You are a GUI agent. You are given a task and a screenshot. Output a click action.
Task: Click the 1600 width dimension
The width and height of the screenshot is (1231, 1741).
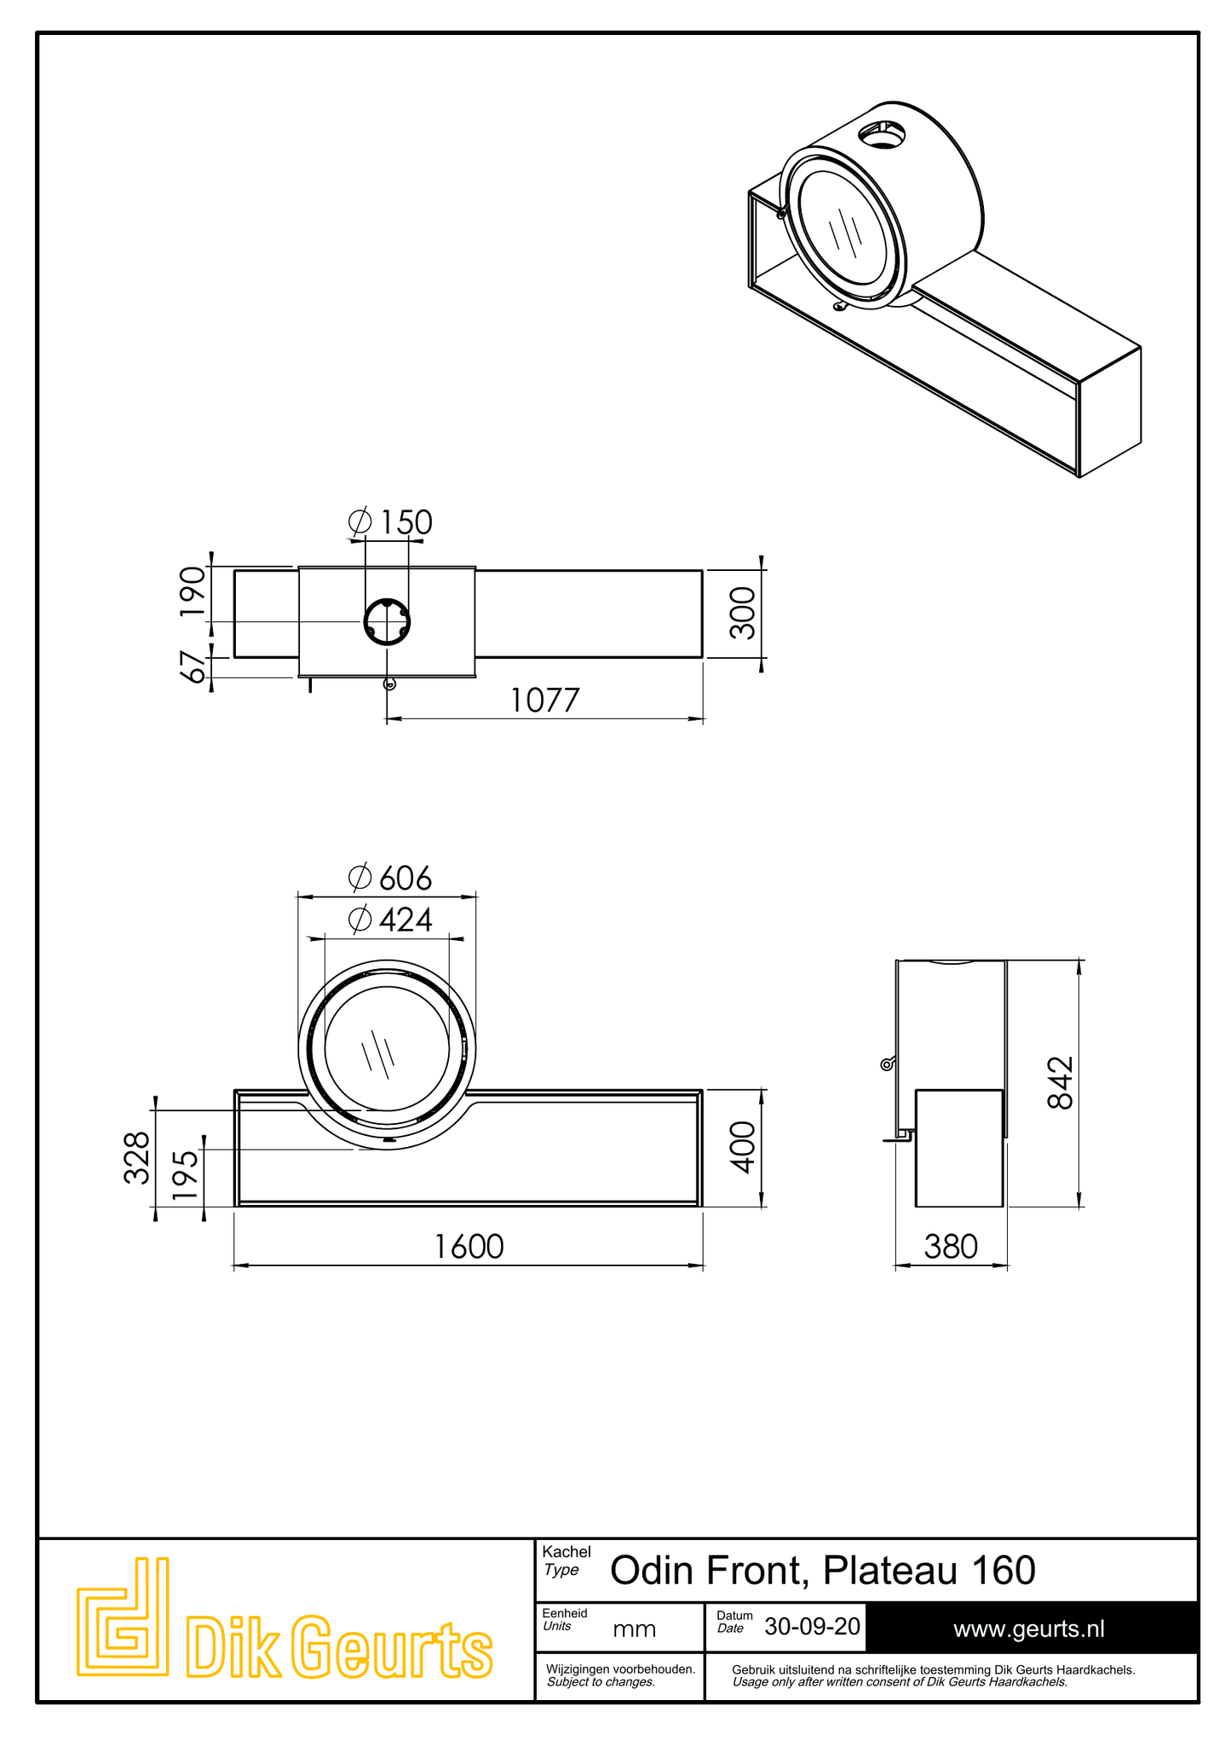point(469,1247)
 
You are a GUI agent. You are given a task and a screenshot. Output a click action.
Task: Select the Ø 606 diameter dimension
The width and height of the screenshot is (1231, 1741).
point(390,878)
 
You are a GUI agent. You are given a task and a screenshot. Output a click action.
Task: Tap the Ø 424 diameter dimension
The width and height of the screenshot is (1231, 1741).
point(390,920)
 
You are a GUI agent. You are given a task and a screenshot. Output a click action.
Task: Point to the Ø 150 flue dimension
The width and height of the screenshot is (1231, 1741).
point(390,522)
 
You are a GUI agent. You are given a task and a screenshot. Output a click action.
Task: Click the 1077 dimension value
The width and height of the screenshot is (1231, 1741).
point(544,700)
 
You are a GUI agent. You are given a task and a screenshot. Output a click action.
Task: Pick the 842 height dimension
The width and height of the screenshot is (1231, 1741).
point(1060,1082)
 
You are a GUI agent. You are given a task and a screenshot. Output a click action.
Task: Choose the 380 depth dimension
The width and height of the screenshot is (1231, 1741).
point(951,1247)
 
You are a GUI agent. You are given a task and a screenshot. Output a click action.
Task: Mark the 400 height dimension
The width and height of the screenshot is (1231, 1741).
point(743,1147)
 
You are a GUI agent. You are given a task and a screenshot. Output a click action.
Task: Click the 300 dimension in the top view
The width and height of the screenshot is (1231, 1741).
point(743,613)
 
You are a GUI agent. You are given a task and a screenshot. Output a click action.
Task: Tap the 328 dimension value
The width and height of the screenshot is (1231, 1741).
point(137,1157)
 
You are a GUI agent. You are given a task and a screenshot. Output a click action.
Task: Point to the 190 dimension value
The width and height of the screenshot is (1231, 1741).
point(193,592)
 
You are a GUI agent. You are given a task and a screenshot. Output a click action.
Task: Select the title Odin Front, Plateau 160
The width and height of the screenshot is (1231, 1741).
point(823,1570)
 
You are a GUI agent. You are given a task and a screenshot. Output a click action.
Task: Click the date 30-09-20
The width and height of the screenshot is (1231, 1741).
point(812,1626)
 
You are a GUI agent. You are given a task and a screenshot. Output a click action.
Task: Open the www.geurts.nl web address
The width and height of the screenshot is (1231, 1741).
point(1028,1629)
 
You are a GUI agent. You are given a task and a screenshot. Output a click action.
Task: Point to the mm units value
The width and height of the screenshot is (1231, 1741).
point(635,1629)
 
